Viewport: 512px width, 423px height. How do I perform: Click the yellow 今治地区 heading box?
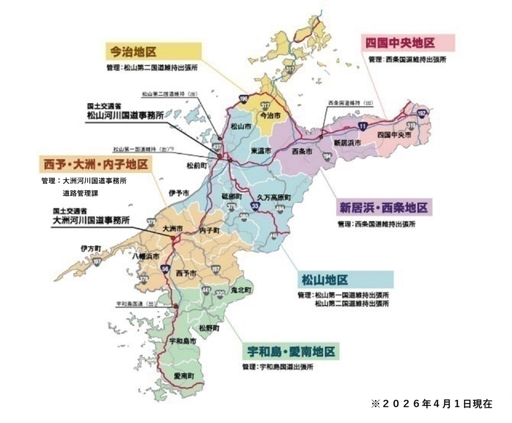(x=153, y=51)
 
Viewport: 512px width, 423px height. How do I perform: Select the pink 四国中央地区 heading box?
(x=408, y=42)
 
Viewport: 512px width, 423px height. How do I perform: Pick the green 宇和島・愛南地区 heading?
(x=291, y=351)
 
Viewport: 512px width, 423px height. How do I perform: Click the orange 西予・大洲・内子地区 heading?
(x=96, y=164)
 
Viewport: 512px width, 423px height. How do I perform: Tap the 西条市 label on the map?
(x=302, y=151)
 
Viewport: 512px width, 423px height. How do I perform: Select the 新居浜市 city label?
(x=347, y=143)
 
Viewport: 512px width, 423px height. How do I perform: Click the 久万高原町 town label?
(x=274, y=197)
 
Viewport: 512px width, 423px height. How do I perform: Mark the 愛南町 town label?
(x=184, y=376)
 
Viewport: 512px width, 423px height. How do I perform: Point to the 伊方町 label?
(x=91, y=249)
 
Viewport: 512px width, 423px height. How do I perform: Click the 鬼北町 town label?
(x=241, y=290)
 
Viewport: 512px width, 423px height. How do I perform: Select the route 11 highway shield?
(x=363, y=126)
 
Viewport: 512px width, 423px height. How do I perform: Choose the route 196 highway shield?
(x=243, y=99)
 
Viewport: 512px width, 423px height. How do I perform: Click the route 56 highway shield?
(x=165, y=269)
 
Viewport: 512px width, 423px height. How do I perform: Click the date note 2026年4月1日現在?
(x=432, y=404)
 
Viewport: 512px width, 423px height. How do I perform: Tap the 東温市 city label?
(x=261, y=151)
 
